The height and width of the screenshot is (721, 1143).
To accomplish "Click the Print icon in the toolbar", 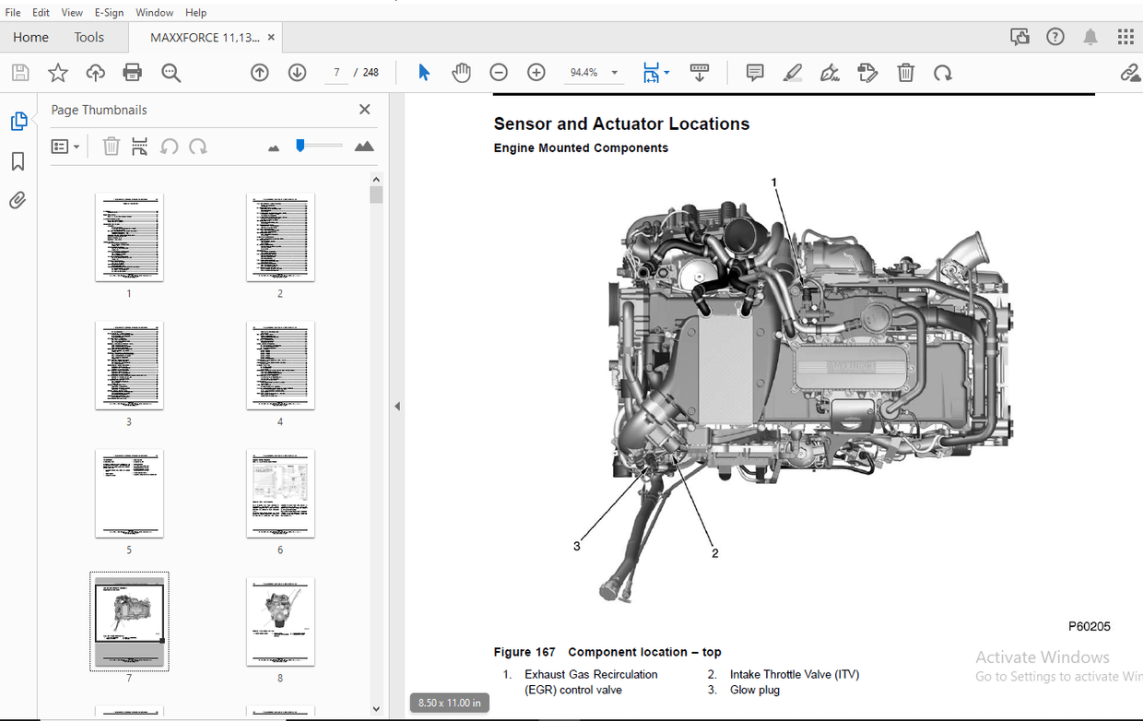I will coord(133,73).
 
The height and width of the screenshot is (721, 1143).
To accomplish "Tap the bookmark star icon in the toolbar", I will coord(58,73).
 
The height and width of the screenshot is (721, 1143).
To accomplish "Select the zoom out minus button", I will coord(499,73).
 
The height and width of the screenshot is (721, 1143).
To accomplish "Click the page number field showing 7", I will coord(336,73).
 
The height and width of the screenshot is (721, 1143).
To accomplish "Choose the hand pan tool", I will coord(461,73).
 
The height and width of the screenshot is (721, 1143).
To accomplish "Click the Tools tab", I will coord(89,37).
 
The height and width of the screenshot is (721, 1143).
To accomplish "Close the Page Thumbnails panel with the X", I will coord(364,110).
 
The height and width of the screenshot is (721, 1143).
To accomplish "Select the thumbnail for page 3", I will coord(129,365).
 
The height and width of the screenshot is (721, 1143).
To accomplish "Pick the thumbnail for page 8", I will coord(280,621).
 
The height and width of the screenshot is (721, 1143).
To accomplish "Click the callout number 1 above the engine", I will coord(774,183).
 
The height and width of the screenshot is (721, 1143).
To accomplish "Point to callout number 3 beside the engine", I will coord(577,546).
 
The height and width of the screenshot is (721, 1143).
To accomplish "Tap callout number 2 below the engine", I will coord(714,553).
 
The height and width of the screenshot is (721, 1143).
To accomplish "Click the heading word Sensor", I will coord(523,124).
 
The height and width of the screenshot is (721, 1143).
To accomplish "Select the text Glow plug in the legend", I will coord(756,690).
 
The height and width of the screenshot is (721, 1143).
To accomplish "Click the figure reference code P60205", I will coord(1090,626).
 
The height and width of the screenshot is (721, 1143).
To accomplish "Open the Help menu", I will coord(195,13).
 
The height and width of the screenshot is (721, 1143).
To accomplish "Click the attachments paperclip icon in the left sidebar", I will coord(18,200).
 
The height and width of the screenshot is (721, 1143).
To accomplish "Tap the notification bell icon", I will coord(1090,37).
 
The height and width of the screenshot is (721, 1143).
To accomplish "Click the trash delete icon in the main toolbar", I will coord(906,73).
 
